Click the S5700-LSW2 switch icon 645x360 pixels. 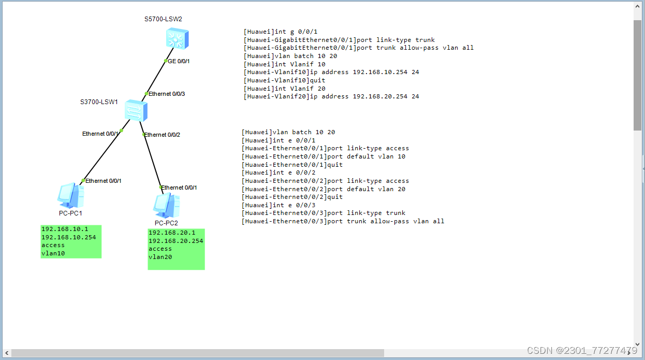(178, 39)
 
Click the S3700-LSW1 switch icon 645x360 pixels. (136, 111)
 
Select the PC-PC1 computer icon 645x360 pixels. (70, 196)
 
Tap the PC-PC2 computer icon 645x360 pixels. (166, 206)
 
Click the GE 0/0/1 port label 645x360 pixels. (179, 61)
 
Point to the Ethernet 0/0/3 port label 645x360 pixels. (167, 94)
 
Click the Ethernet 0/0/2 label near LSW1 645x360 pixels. (162, 135)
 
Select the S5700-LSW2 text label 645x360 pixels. (163, 19)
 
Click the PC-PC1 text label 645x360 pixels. (70, 213)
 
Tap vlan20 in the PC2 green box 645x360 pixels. (160, 257)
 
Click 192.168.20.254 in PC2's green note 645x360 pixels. (176, 241)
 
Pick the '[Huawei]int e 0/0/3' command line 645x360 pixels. (280, 205)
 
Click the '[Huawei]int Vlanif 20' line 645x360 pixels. (285, 89)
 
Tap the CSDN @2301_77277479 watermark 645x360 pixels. (582, 351)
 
